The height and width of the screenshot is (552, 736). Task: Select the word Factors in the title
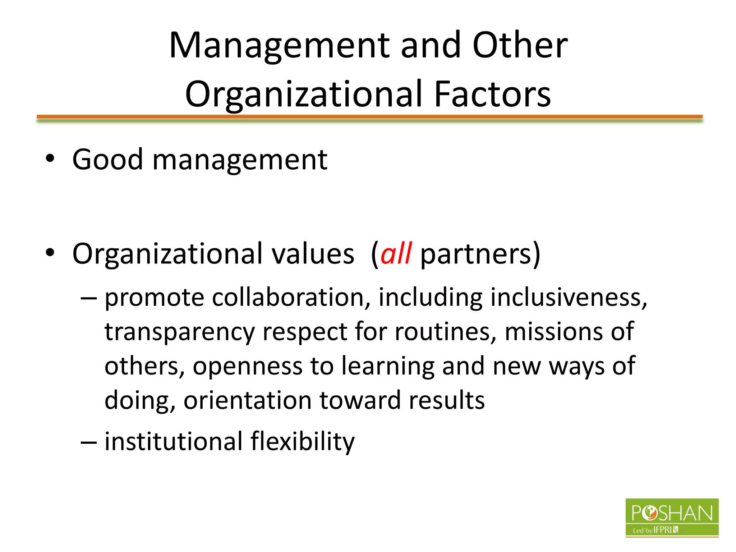(x=492, y=94)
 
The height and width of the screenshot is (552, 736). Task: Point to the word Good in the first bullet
(x=107, y=160)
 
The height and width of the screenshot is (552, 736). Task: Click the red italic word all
(x=396, y=254)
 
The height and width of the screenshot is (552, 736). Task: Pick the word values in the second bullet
(x=313, y=254)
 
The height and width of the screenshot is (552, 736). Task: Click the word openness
(x=248, y=366)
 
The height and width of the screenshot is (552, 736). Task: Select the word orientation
(x=248, y=400)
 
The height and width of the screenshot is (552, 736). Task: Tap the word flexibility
(x=303, y=441)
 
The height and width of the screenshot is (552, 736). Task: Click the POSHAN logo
(x=672, y=517)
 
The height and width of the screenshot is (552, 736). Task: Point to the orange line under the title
(x=369, y=116)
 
